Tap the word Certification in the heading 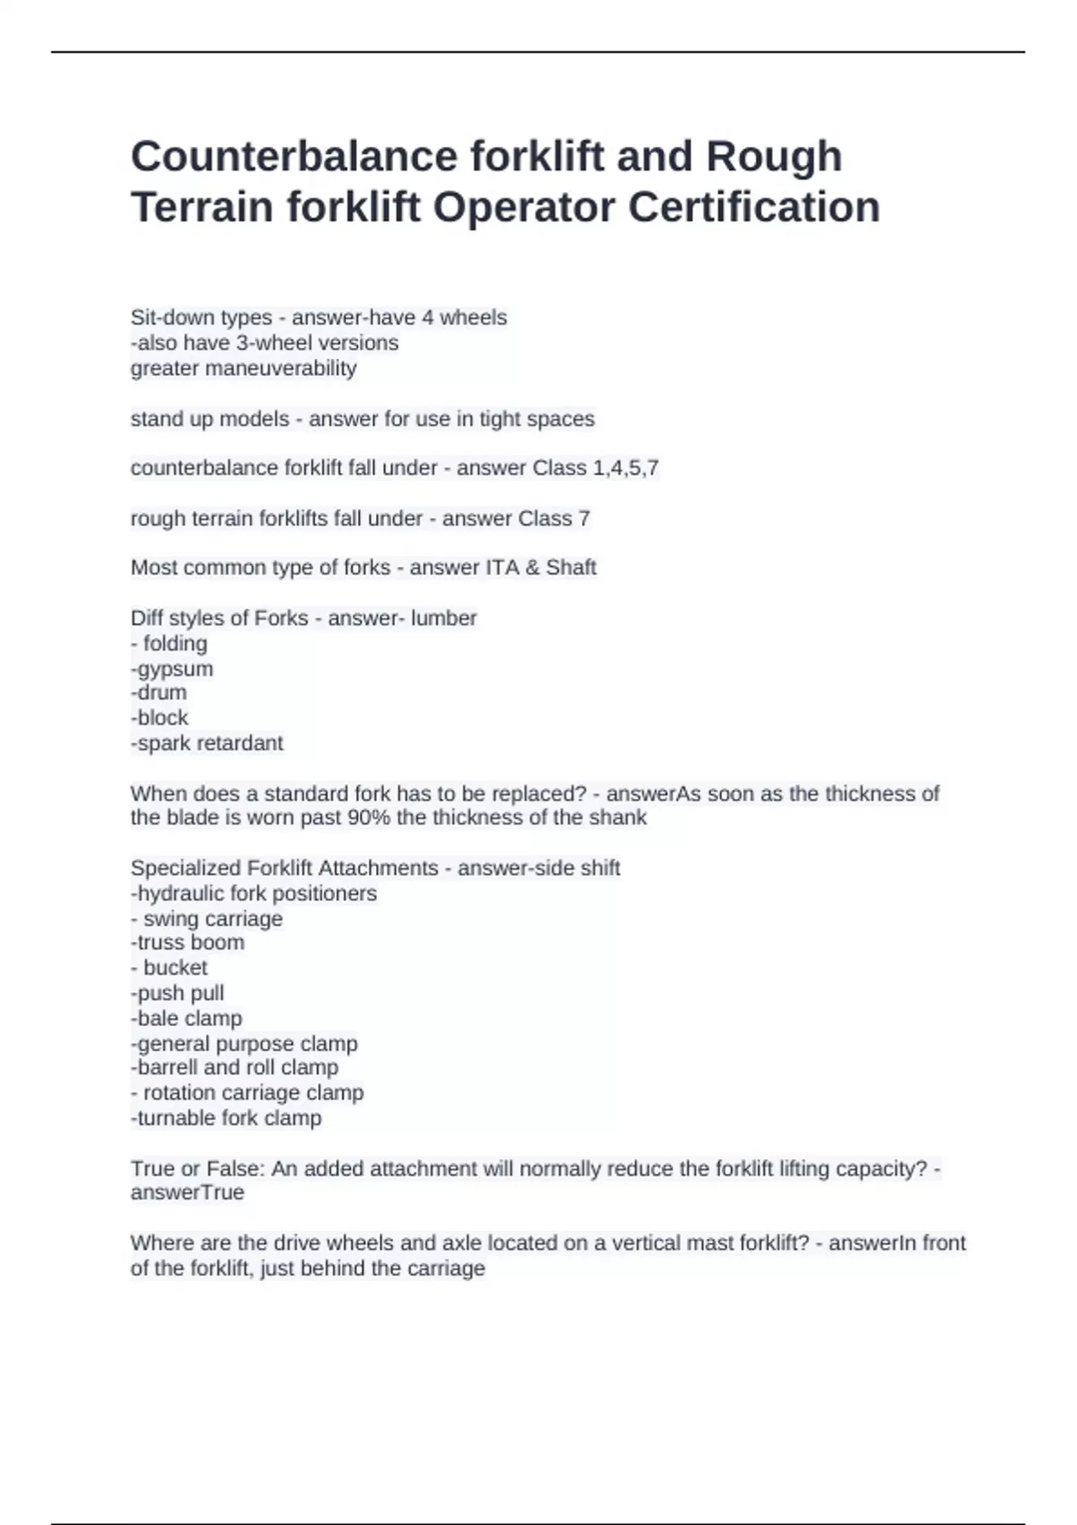754,207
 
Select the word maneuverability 243,369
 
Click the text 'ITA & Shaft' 541,568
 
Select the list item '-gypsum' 171,669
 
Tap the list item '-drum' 159,693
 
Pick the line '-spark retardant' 206,744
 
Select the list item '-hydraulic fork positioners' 253,893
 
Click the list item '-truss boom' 187,943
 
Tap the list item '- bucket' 169,968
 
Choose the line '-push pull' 177,993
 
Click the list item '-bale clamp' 186,1018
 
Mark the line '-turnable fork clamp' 225,1119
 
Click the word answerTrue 187,1193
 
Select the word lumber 443,618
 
